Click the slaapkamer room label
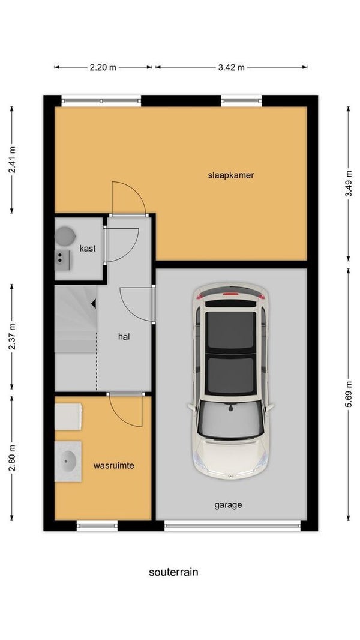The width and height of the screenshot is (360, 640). [x=231, y=175]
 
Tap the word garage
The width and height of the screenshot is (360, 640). [x=228, y=505]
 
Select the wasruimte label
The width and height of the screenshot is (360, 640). [x=114, y=465]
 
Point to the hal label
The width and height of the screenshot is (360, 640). [x=124, y=337]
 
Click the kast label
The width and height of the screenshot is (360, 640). [x=88, y=248]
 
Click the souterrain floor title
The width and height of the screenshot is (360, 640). [x=173, y=572]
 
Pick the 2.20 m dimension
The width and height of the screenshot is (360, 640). [x=103, y=67]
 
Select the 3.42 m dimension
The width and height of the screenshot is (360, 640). [x=231, y=67]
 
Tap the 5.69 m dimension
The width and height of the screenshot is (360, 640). [x=349, y=394]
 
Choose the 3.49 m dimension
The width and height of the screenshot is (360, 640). [x=349, y=184]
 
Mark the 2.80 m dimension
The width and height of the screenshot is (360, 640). [x=12, y=458]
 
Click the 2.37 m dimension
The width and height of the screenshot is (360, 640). [x=12, y=336]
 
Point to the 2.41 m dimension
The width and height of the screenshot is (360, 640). [x=12, y=160]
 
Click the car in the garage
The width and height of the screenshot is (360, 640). [x=231, y=381]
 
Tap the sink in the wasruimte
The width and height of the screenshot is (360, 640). [x=68, y=461]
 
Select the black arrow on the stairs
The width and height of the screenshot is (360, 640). [x=94, y=303]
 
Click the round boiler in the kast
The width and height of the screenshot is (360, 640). [x=65, y=237]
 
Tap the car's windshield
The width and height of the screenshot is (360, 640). [x=231, y=420]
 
